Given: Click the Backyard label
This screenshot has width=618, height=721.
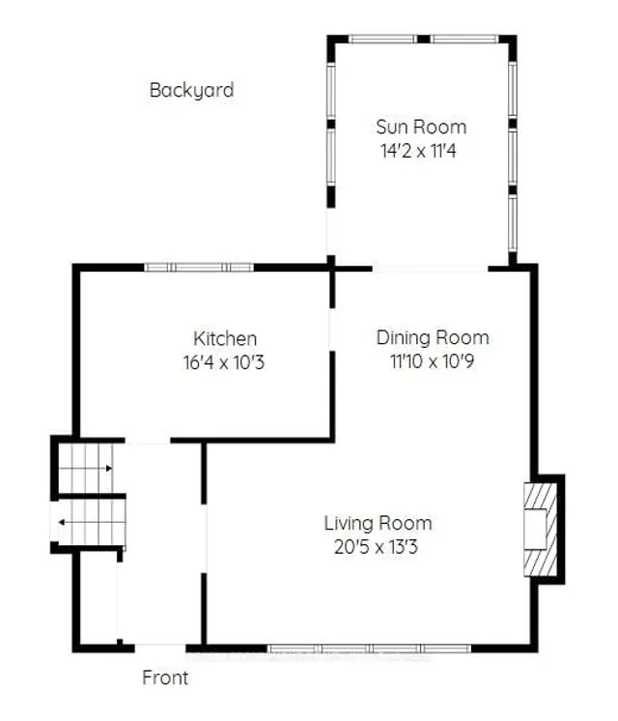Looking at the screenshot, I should pyautogui.click(x=191, y=91).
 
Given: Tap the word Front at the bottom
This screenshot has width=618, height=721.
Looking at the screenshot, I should pyautogui.click(x=165, y=678).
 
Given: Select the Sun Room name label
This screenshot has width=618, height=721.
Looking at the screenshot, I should pyautogui.click(x=420, y=127).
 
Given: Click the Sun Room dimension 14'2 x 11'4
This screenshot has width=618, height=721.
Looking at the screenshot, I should pyautogui.click(x=420, y=150).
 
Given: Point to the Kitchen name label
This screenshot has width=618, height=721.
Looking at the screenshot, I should pyautogui.click(x=225, y=338).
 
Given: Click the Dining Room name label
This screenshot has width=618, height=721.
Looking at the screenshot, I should pyautogui.click(x=433, y=337).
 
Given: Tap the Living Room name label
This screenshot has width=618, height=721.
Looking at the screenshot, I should pyautogui.click(x=378, y=523).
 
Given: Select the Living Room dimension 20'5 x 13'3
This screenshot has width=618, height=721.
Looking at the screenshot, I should pyautogui.click(x=378, y=546).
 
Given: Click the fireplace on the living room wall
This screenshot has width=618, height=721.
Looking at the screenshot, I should pyautogui.click(x=542, y=529).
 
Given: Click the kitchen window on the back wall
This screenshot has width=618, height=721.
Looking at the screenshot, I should pyautogui.click(x=199, y=267).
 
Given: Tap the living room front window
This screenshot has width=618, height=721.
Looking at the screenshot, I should pyautogui.click(x=369, y=647).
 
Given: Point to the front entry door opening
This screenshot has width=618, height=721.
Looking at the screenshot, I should pyautogui.click(x=159, y=646).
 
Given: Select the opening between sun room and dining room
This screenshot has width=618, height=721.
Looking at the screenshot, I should pyautogui.click(x=430, y=268).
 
